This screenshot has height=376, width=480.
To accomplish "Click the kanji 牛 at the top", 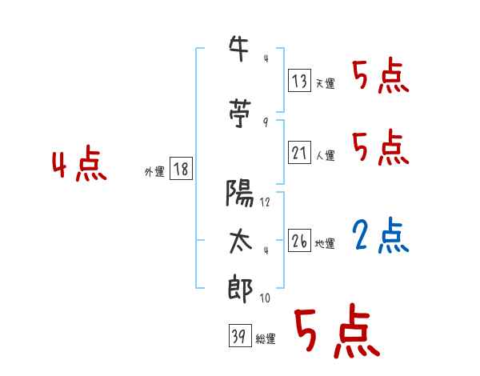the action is click(x=238, y=49).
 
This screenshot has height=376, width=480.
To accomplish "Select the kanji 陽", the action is click(x=240, y=193).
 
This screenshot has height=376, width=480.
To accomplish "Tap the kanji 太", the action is click(x=241, y=242).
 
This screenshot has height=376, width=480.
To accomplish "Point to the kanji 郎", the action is click(x=240, y=289).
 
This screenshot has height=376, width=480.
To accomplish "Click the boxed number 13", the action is click(x=299, y=81).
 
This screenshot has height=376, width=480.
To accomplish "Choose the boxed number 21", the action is click(x=299, y=152).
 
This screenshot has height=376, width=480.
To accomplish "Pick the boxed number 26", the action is click(x=299, y=240).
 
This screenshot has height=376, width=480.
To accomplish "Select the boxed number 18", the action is click(x=181, y=169).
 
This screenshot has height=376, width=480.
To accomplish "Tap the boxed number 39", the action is click(x=240, y=335).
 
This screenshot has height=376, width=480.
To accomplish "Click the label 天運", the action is click(x=326, y=83).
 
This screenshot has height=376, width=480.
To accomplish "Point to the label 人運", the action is click(x=326, y=155).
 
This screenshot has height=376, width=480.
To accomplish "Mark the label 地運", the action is click(x=325, y=244).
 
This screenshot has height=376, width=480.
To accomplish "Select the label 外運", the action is click(x=154, y=172).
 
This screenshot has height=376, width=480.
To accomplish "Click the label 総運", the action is click(x=266, y=339).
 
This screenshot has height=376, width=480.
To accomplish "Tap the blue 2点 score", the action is click(x=381, y=235).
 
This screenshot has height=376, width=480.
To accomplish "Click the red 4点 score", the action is click(x=79, y=163).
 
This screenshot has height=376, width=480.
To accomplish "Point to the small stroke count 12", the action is click(x=265, y=202).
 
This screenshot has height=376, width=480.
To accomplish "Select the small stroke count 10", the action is click(x=265, y=298).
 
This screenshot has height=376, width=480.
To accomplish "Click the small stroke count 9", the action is click(x=266, y=122).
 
